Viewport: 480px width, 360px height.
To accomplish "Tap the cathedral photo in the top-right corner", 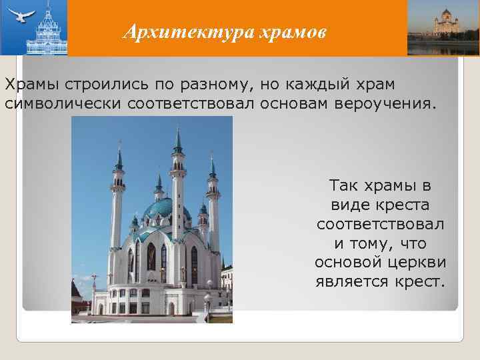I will (443, 27).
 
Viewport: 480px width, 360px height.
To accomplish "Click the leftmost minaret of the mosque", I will (118, 200).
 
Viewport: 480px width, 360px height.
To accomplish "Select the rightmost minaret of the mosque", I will (213, 200).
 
